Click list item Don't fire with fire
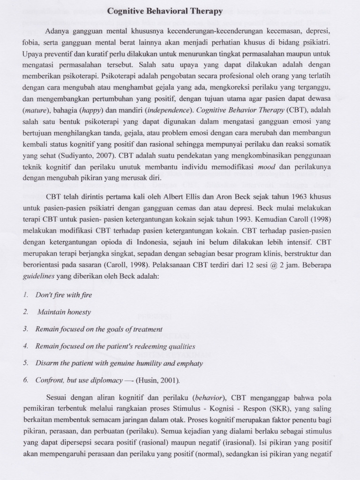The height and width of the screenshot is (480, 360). [x=64, y=295]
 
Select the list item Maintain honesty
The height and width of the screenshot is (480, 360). [x=64, y=312]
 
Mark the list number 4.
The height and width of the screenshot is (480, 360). [x=26, y=346]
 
